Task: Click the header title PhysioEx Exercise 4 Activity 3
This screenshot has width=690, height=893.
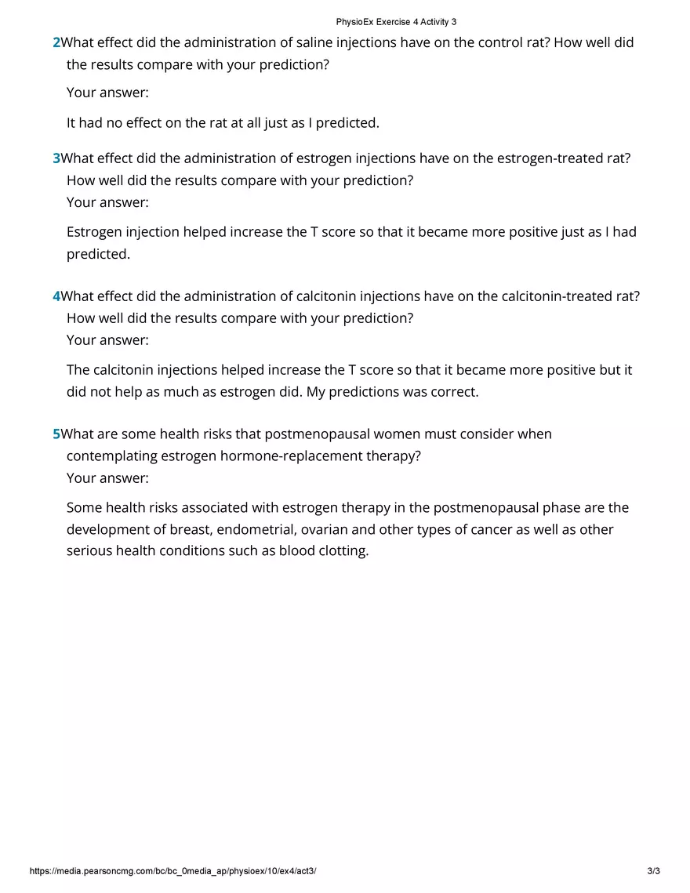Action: [396, 22]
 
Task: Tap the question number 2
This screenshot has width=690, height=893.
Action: [56, 42]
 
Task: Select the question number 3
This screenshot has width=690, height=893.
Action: [56, 158]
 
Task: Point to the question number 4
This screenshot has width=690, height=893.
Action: [56, 296]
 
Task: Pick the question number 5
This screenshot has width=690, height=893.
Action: [56, 434]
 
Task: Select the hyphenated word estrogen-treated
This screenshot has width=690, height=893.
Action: [538, 158]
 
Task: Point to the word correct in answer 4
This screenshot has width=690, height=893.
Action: [453, 392]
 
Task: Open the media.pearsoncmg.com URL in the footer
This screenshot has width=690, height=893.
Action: [172, 871]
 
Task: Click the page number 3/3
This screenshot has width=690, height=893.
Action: [654, 871]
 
